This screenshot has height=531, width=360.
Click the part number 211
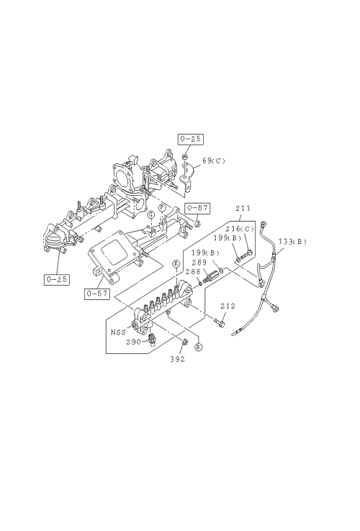(x=243, y=208)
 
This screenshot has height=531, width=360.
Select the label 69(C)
(x=214, y=160)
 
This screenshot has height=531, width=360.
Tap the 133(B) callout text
(x=292, y=242)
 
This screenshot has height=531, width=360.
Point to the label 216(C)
(x=240, y=230)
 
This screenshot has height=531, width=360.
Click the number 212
(x=228, y=306)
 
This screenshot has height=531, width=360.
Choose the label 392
(x=178, y=359)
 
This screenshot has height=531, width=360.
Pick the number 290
(x=133, y=342)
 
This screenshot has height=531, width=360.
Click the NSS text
(x=118, y=332)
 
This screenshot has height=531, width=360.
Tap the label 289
(x=199, y=263)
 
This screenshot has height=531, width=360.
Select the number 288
(x=193, y=271)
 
